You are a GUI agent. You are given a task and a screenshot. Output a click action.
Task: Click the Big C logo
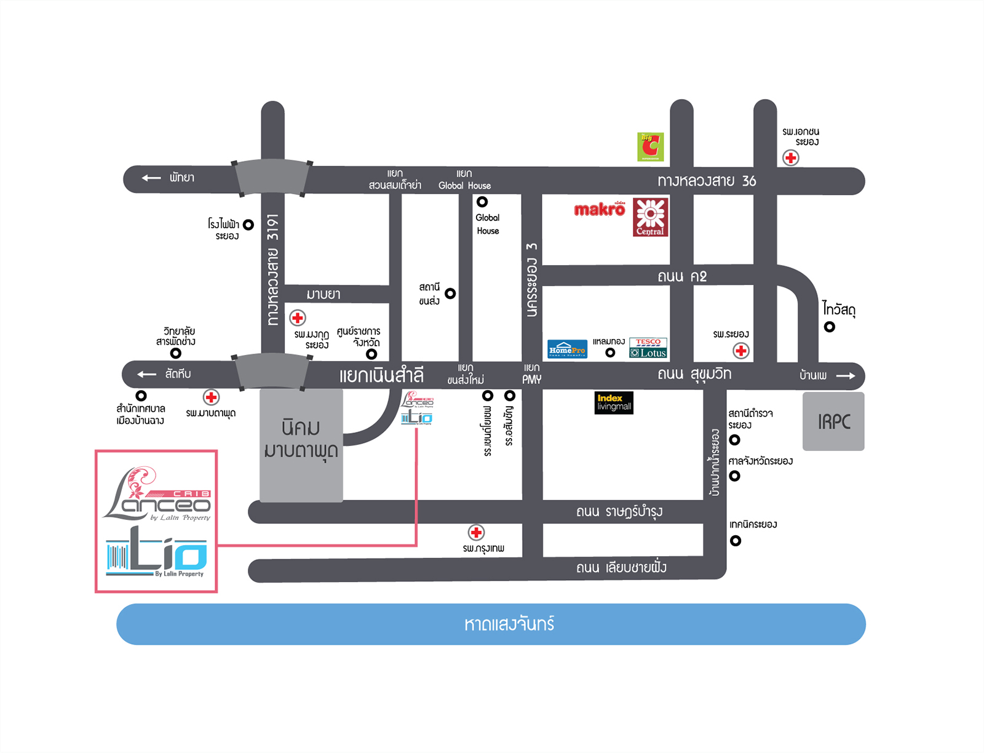pos(650,146)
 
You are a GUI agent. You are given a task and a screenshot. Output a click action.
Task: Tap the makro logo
pos(599,210)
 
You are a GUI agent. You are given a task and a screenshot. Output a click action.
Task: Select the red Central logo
pos(650,217)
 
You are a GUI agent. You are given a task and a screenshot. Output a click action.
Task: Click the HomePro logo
pos(567,349)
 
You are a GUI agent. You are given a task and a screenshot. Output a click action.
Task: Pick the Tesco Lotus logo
pos(648,348)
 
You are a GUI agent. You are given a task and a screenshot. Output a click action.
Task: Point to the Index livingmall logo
pos(614,403)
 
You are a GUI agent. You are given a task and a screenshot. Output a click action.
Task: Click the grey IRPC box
pos(833,421)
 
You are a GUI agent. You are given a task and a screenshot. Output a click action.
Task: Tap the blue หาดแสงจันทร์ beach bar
pos(491,624)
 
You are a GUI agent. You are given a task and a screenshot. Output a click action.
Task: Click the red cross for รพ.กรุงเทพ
pos(476,532)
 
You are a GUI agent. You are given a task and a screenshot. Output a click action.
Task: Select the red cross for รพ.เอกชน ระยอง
pos(790,158)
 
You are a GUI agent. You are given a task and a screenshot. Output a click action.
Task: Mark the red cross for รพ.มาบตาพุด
pos(211,397)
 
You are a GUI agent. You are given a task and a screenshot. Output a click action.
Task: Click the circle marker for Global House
pos(482,202)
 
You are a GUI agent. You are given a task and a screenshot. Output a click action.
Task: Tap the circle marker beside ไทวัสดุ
pos(830,327)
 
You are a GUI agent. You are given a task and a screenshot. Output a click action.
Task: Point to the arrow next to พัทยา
pos(151,178)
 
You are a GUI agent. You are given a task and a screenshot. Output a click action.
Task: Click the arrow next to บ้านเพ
pos(846,376)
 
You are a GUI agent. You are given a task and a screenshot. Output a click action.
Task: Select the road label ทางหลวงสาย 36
pos(707,181)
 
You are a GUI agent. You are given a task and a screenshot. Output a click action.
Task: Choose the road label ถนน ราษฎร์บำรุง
pos(619,512)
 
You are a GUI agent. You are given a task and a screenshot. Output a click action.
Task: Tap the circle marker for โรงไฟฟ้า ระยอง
pos(248,225)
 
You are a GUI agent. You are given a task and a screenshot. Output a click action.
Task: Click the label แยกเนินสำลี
pos(381,375)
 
